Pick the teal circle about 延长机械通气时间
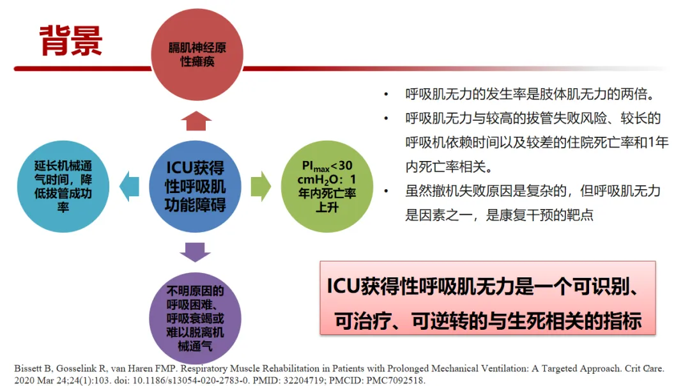pyautogui.click(x=63, y=186)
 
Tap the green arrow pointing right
pyautogui.click(x=260, y=186)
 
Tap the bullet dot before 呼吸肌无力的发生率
pyautogui.click(x=385, y=95)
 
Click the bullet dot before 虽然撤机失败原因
pyautogui.click(x=385, y=191)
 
